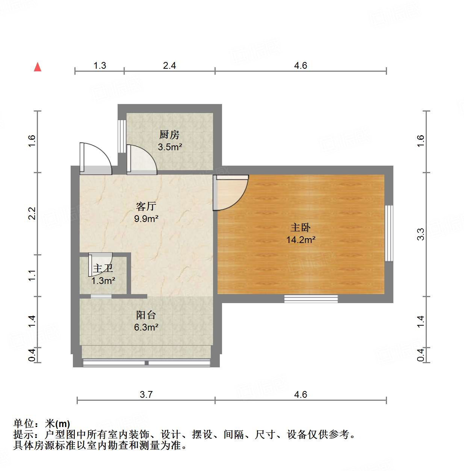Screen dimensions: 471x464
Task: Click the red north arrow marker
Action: pyautogui.click(x=38, y=67)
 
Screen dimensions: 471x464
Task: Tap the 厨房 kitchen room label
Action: pyautogui.click(x=169, y=134)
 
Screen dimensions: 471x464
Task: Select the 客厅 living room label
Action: pyautogui.click(x=146, y=206)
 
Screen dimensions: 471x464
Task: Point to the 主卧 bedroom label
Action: pyautogui.click(x=301, y=228)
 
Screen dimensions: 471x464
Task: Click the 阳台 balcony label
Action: pyautogui.click(x=146, y=315)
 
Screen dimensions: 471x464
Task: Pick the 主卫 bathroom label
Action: pyautogui.click(x=103, y=269)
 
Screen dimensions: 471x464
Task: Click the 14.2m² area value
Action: pyautogui.click(x=301, y=240)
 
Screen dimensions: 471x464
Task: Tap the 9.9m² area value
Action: pyautogui.click(x=146, y=218)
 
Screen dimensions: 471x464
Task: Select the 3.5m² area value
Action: pyautogui.click(x=170, y=147)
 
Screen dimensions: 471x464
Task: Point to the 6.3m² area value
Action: pyautogui.click(x=146, y=327)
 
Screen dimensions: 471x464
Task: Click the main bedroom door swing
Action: pyautogui.click(x=230, y=192)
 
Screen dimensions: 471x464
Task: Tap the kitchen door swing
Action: pyautogui.click(x=142, y=160)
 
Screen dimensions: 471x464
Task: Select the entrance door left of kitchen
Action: pyautogui.click(x=95, y=159)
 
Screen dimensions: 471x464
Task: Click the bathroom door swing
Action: pyautogui.click(x=100, y=259)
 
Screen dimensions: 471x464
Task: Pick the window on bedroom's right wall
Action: pyautogui.click(x=389, y=233)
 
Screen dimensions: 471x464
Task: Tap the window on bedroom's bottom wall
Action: pyautogui.click(x=311, y=299)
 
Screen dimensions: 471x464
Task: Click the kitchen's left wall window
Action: pyautogui.click(x=122, y=136)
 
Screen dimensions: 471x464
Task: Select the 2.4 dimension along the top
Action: pyautogui.click(x=169, y=66)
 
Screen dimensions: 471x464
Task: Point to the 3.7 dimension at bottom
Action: pyautogui.click(x=146, y=394)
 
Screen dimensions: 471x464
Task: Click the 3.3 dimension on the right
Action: pyautogui.click(x=420, y=234)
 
